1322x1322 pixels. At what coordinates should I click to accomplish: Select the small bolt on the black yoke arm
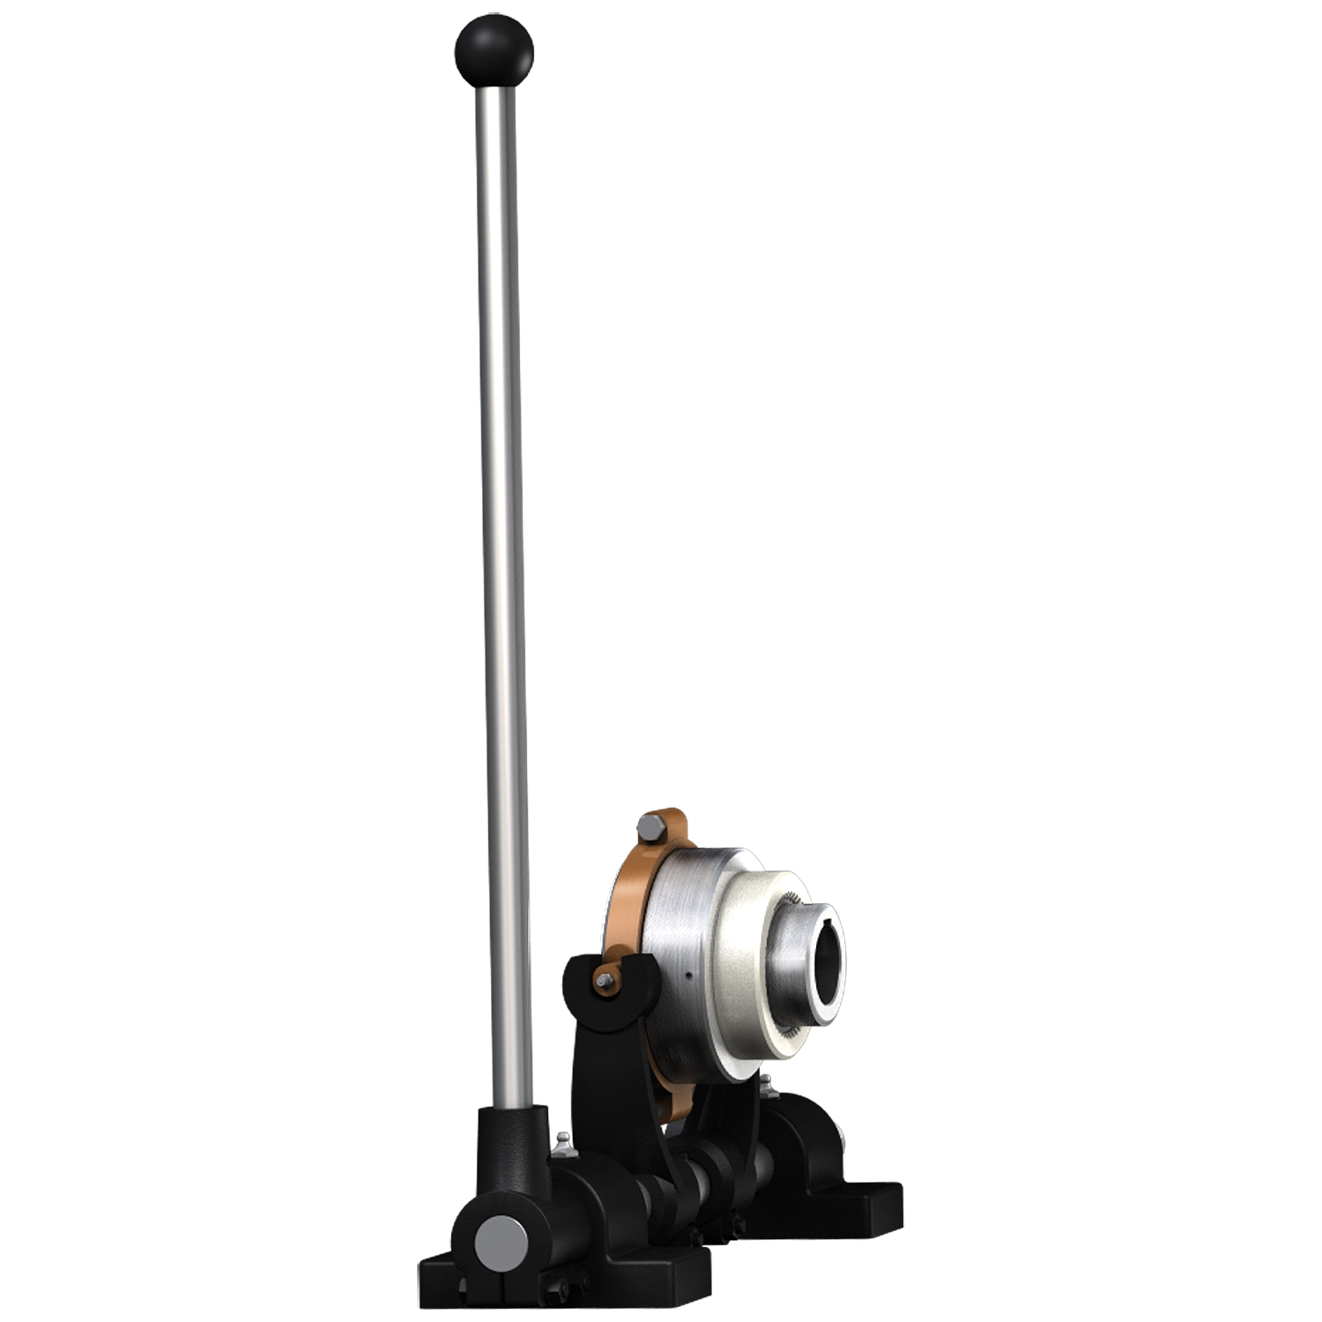pyautogui.click(x=605, y=981)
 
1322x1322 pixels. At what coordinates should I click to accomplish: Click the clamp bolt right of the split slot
pyautogui.click(x=564, y=1292)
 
